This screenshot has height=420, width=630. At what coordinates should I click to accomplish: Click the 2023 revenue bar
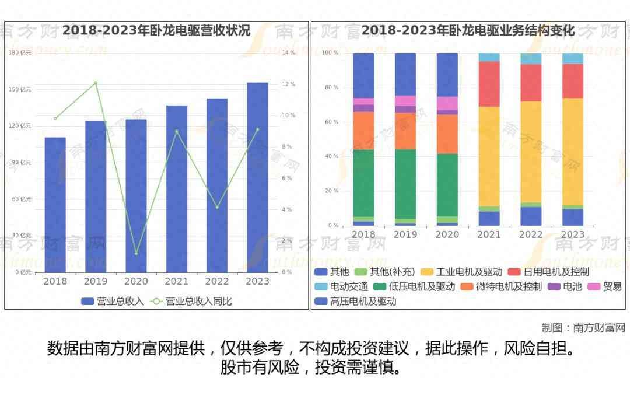pos(257,177)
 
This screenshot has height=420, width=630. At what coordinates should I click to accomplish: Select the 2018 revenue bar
pos(55,205)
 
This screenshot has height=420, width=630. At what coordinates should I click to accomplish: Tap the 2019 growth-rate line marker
pos(96,83)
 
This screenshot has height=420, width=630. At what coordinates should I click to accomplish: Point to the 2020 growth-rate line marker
pos(136,253)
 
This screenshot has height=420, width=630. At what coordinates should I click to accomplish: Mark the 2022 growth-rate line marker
pos(217,207)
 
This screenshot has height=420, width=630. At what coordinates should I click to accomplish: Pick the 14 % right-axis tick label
pos(288,53)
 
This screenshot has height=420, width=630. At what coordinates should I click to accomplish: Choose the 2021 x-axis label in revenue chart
pos(176,281)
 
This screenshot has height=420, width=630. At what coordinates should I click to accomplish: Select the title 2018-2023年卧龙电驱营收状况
pos(156,30)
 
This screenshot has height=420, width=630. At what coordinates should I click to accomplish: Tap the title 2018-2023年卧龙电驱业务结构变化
pos(468,30)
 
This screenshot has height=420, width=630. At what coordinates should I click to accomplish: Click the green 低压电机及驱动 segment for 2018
pos(363,183)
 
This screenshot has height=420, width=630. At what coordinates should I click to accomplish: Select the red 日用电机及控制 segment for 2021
pos(489,83)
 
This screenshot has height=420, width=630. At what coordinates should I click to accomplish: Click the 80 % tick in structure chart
pos(331,87)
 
